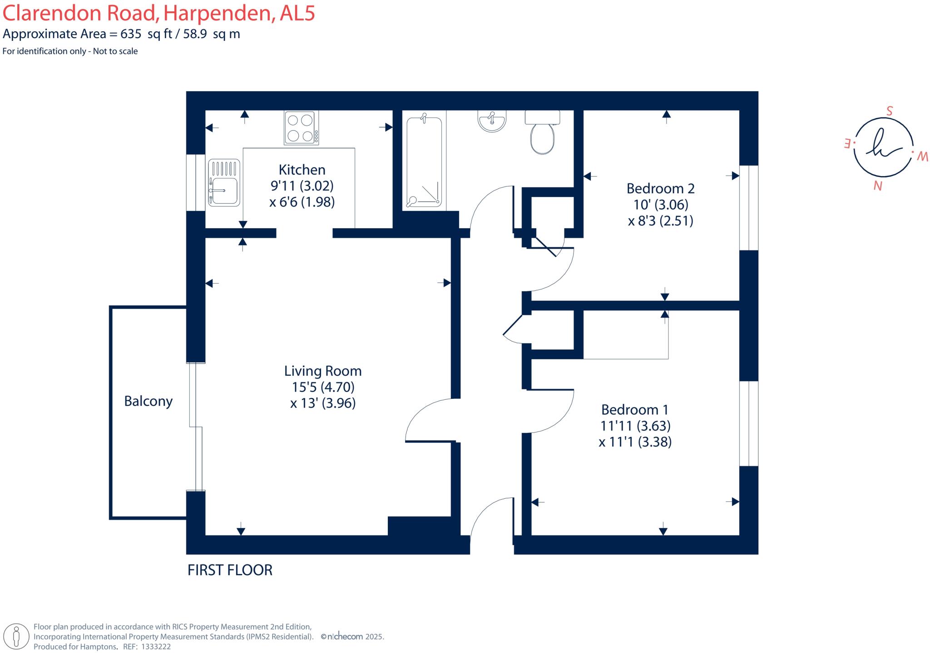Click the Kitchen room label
click(x=302, y=170)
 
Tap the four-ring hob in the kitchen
click(x=301, y=128)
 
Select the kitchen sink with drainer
click(x=224, y=182)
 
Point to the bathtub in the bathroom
click(x=424, y=162)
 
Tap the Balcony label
click(x=148, y=401)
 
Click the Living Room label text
click(x=323, y=371)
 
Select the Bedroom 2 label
click(x=661, y=188)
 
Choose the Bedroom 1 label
click(x=635, y=410)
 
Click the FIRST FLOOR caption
click(x=230, y=570)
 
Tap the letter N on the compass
click(x=878, y=186)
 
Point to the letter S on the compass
click(x=890, y=111)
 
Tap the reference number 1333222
click(x=156, y=647)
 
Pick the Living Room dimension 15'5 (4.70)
click(x=323, y=387)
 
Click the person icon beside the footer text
click(x=16, y=636)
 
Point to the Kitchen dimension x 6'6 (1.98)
click(x=302, y=202)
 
